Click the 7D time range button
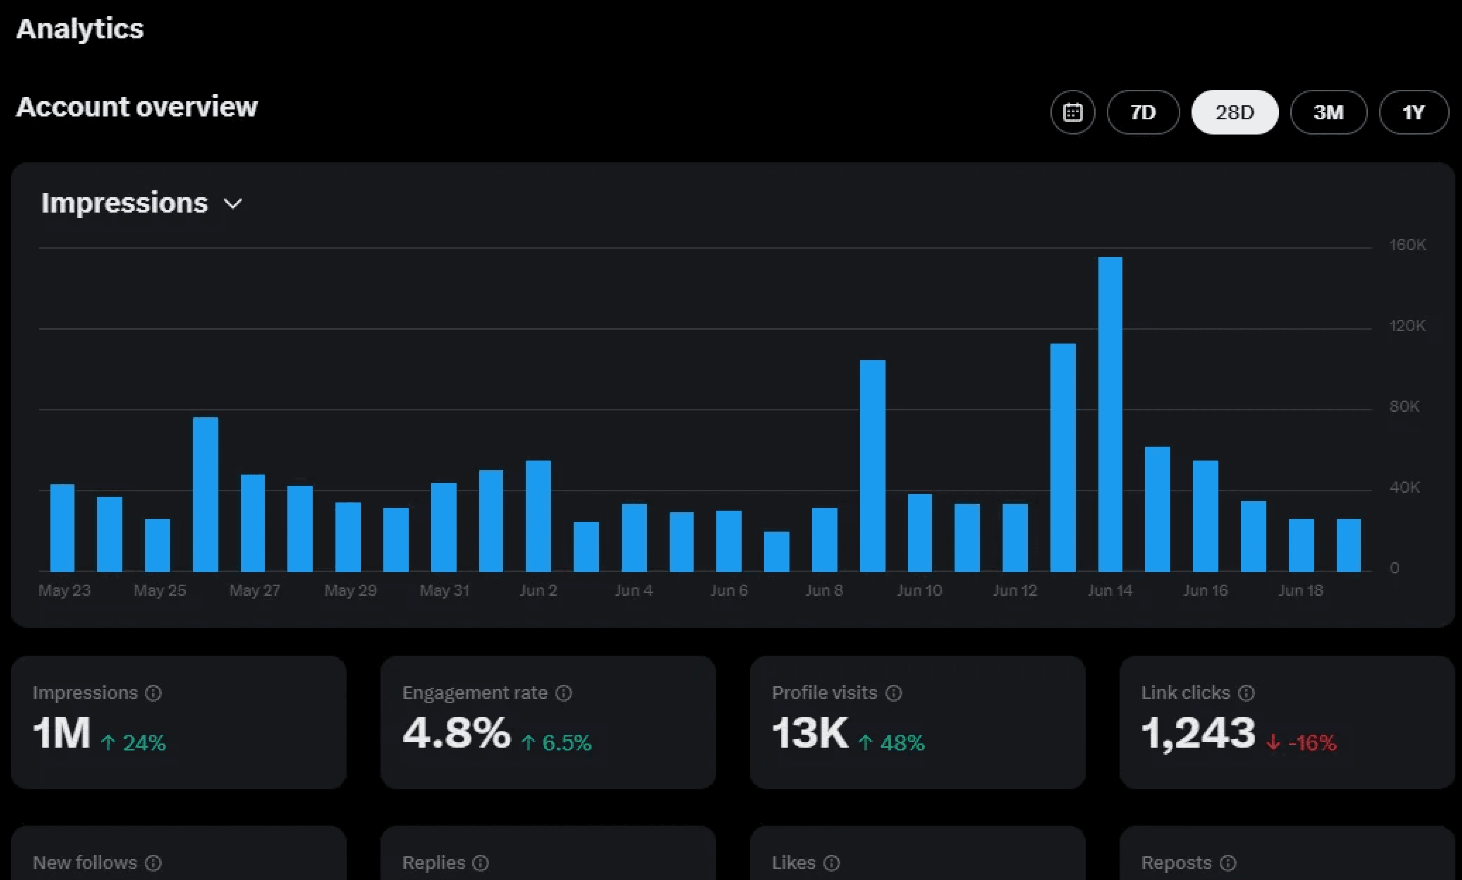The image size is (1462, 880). pyautogui.click(x=1143, y=112)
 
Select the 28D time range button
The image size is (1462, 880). pyautogui.click(x=1235, y=112)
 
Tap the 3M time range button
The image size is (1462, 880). pyautogui.click(x=1329, y=112)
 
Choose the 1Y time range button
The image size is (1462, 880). pyautogui.click(x=1414, y=112)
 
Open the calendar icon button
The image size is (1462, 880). pyautogui.click(x=1073, y=112)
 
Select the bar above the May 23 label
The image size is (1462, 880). pyautogui.click(x=62, y=528)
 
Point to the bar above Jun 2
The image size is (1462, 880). pyautogui.click(x=538, y=516)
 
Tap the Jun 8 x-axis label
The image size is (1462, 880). pyautogui.click(x=824, y=591)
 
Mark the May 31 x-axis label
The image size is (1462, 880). pyautogui.click(x=445, y=591)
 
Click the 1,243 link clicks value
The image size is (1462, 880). pyautogui.click(x=1198, y=733)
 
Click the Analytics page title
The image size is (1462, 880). pyautogui.click(x=80, y=29)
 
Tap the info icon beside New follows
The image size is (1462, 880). pyautogui.click(x=154, y=863)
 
